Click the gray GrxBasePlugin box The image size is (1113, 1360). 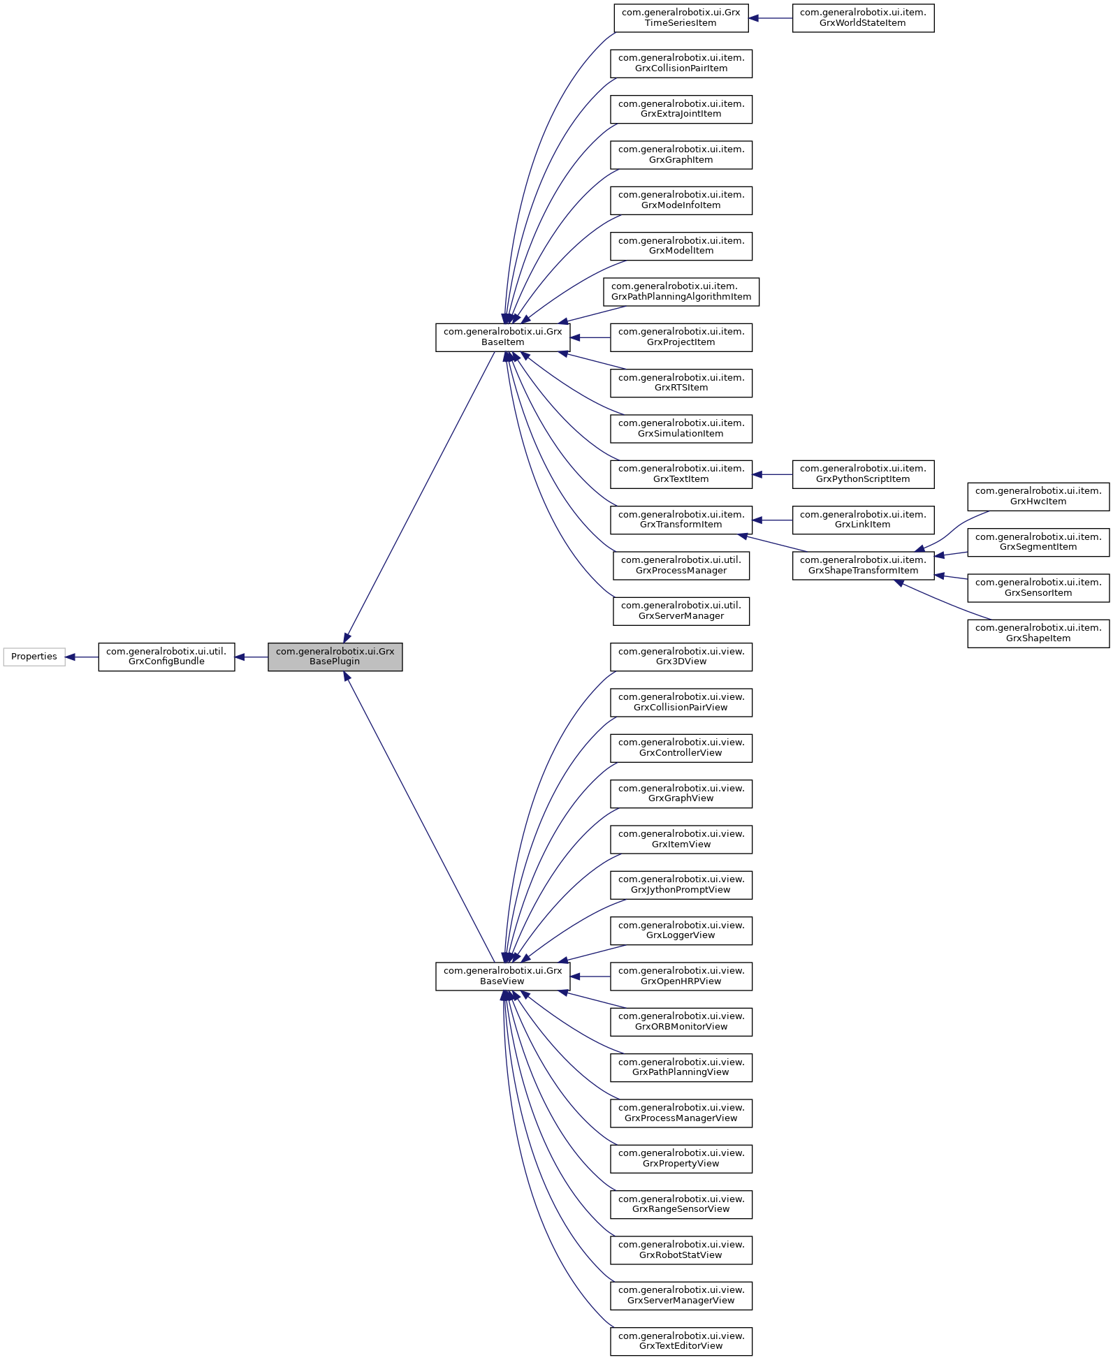pyautogui.click(x=335, y=657)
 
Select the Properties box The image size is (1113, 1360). pyautogui.click(x=34, y=657)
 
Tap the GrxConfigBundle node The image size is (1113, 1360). pyautogui.click(x=166, y=657)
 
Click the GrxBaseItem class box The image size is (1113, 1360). pyautogui.click(x=502, y=337)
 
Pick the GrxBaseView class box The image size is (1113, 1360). pyautogui.click(x=502, y=976)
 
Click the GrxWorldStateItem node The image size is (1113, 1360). pyautogui.click(x=863, y=18)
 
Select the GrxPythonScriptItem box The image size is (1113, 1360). pyautogui.click(x=863, y=474)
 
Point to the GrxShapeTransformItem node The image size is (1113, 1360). pyautogui.click(x=863, y=565)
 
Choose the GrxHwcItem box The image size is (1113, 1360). pyautogui.click(x=1038, y=497)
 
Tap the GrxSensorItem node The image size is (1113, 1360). pyautogui.click(x=1038, y=587)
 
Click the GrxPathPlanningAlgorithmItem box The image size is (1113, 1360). pyautogui.click(x=681, y=292)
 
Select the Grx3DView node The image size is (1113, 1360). pyautogui.click(x=681, y=657)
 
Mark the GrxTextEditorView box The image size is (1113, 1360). pyautogui.click(x=681, y=1341)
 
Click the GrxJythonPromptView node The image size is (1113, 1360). pyautogui.click(x=681, y=885)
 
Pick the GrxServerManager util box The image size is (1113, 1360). pyautogui.click(x=681, y=611)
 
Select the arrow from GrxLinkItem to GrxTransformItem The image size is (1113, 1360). pyautogui.click(x=773, y=520)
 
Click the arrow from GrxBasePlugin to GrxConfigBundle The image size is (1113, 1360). pyautogui.click(x=252, y=657)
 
